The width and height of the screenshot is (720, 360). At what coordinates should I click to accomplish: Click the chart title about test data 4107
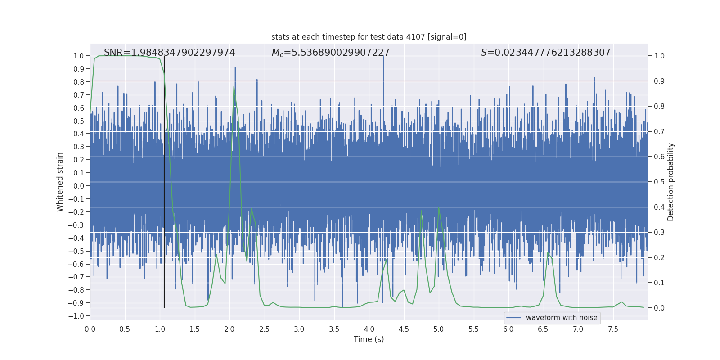[369, 37]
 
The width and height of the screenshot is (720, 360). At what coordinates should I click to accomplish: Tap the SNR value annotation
[169, 53]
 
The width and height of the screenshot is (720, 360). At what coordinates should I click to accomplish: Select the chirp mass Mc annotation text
[330, 53]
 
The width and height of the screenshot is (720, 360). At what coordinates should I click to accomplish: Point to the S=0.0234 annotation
[545, 53]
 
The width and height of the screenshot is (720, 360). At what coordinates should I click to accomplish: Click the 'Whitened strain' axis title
[60, 182]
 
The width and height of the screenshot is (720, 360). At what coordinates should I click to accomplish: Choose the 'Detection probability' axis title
[671, 182]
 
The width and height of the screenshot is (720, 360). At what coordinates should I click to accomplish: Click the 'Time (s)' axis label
[369, 339]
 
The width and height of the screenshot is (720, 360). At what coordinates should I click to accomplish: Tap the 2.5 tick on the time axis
[264, 329]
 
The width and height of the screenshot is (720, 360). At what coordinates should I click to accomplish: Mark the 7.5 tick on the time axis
[613, 329]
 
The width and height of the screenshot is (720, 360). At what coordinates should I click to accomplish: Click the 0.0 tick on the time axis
[90, 329]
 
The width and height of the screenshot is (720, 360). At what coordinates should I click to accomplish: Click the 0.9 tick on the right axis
[659, 81]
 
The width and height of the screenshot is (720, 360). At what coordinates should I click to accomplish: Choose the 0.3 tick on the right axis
[659, 233]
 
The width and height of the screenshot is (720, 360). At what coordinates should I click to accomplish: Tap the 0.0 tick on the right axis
[659, 308]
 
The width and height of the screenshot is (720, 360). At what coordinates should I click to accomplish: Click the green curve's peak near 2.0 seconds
[234, 86]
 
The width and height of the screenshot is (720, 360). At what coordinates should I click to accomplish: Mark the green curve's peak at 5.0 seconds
[439, 207]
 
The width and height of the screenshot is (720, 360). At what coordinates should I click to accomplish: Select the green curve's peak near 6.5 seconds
[548, 253]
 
